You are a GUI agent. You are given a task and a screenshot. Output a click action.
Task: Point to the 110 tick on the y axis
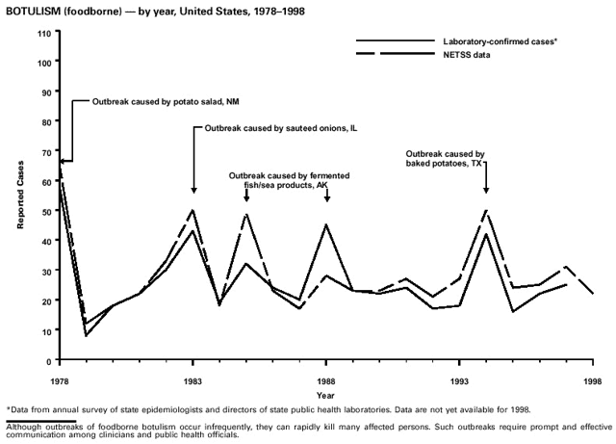[43, 33]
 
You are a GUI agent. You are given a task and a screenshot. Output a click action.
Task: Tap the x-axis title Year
[326, 394]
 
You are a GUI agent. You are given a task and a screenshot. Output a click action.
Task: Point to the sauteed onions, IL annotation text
[274, 128]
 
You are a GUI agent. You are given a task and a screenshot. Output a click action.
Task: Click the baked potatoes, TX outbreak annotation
[445, 160]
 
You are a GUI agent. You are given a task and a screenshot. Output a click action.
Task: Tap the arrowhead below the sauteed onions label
[193, 190]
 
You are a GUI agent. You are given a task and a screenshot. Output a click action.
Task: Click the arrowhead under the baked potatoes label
[486, 190]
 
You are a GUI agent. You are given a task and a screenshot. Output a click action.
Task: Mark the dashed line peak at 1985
[247, 213]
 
